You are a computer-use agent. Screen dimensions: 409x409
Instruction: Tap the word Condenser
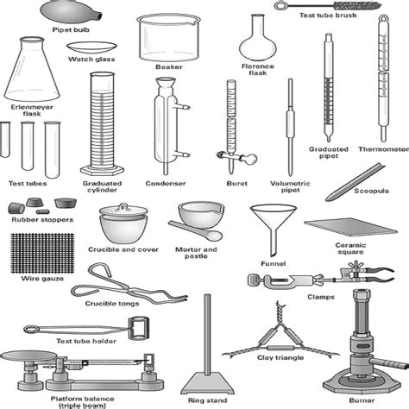click(165, 183)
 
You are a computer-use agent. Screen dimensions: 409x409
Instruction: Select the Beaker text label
click(168, 66)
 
